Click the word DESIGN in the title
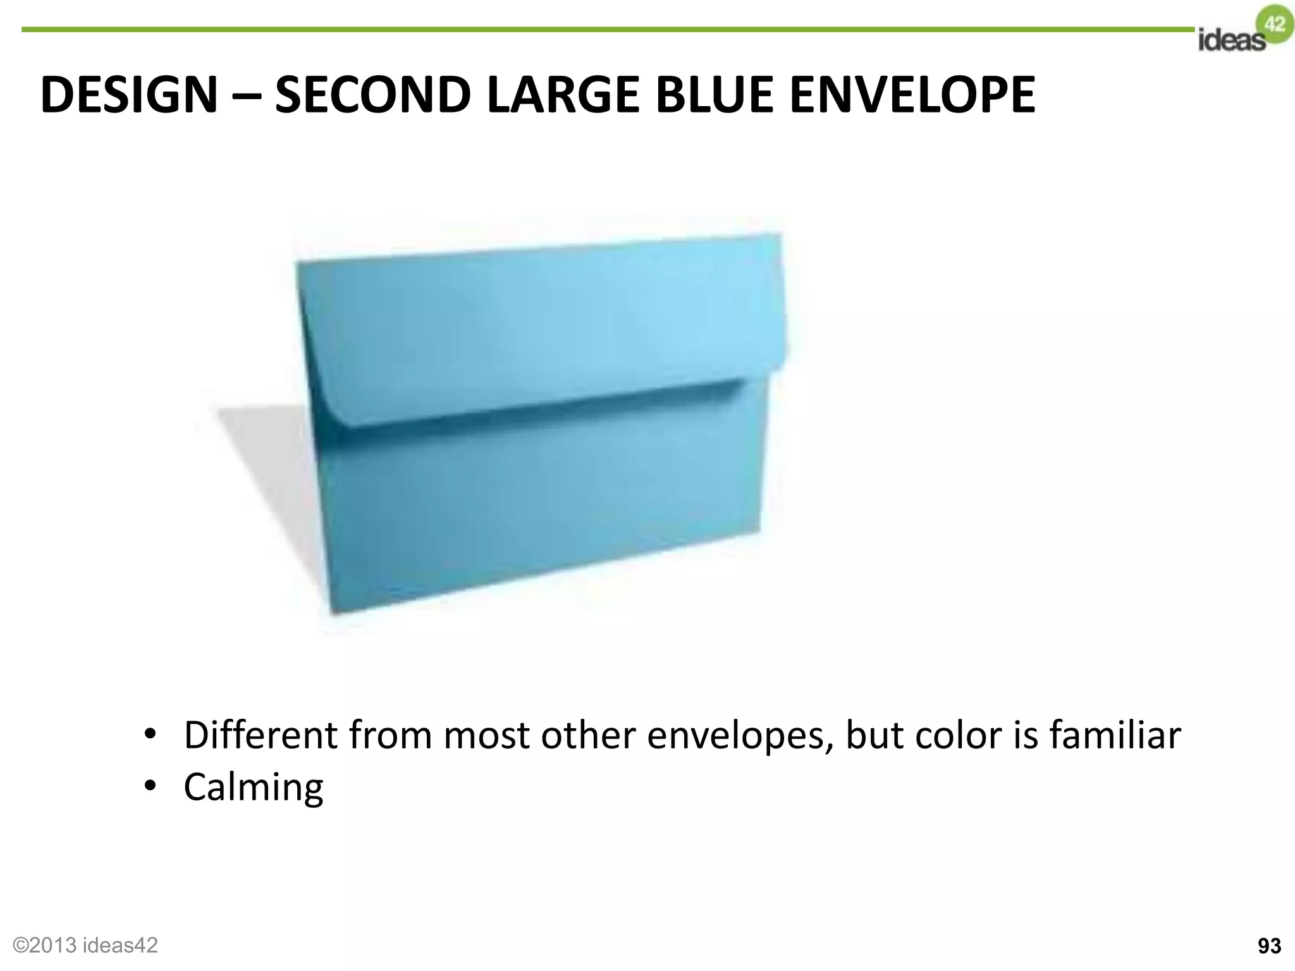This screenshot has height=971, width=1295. (129, 95)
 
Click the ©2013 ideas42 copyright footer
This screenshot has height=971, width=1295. (85, 944)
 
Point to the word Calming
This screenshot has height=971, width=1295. (253, 787)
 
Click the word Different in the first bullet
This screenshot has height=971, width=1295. (261, 735)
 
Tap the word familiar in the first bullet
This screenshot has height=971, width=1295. (1115, 735)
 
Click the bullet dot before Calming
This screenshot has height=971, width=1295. (150, 787)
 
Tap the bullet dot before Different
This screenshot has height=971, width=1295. (150, 735)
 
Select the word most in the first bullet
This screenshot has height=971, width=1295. (486, 735)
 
